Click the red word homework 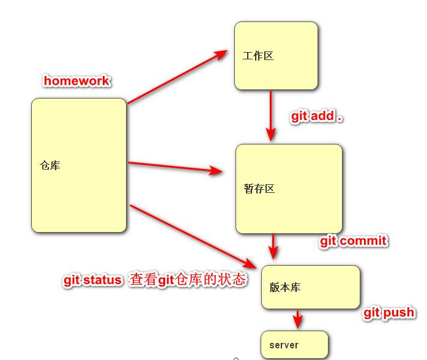(76, 81)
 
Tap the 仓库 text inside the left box (50, 165)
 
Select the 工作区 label (258, 56)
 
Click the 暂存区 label (259, 189)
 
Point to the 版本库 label (285, 287)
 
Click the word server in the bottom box (284, 345)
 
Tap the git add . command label (316, 116)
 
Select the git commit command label (354, 241)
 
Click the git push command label (389, 312)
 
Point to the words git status (92, 280)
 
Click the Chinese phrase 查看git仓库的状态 (188, 280)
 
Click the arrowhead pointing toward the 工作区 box (221, 54)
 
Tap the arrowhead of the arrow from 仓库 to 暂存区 (216, 171)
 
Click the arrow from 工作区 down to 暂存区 (270, 116)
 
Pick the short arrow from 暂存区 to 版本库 (273, 246)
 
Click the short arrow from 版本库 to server (298, 319)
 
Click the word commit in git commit (363, 241)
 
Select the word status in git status (102, 280)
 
